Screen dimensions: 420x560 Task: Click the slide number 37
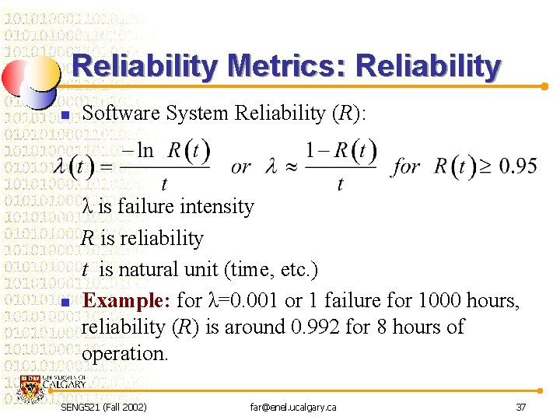click(520, 407)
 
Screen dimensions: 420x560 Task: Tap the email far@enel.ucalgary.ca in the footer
click(293, 407)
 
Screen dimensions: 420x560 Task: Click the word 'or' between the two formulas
click(241, 166)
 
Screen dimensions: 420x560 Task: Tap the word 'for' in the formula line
click(407, 166)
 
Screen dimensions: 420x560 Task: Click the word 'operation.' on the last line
click(124, 353)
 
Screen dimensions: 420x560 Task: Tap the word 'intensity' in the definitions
click(217, 207)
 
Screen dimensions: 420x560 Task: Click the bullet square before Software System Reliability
click(65, 116)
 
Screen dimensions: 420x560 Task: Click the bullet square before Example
click(65, 302)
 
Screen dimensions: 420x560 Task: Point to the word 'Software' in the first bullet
click(121, 114)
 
